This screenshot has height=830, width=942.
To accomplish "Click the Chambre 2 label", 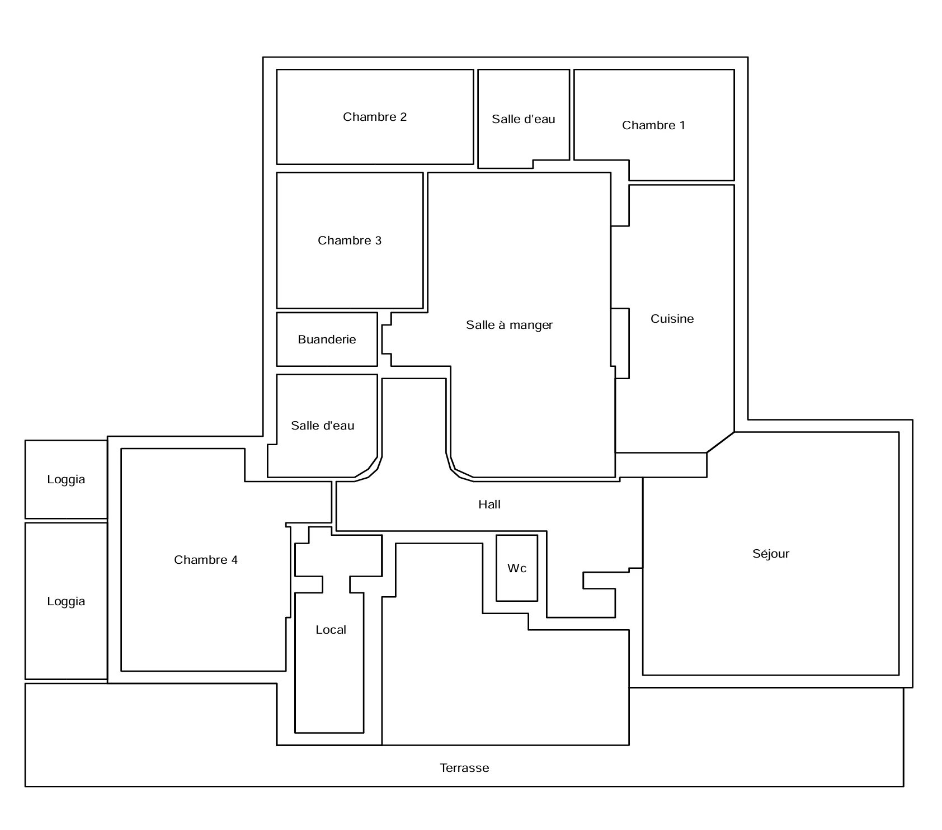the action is tap(375, 117).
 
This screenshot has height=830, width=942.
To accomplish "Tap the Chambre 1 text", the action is tap(653, 125).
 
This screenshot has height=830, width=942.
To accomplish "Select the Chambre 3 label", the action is tap(350, 240).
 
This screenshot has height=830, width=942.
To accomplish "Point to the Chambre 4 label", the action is tap(206, 560).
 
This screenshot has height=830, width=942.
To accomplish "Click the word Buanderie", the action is tap(327, 339).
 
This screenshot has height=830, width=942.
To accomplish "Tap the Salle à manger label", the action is tap(510, 325).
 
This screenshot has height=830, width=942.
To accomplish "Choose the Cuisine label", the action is tap(672, 319).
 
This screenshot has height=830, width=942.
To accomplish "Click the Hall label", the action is tap(489, 504).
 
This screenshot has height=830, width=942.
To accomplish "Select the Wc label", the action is tap(517, 568).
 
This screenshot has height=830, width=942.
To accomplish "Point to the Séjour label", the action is tap(771, 554).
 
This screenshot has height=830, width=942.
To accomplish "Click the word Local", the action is tap(331, 630).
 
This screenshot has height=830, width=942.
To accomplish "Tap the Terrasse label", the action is tap(464, 768).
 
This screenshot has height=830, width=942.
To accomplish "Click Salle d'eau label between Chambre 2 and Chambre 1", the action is tap(524, 119).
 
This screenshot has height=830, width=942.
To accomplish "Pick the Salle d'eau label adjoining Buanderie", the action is tap(323, 426).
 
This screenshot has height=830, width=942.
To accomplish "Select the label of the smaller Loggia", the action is tap(66, 479).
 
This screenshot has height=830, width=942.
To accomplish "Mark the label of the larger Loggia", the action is tap(66, 601).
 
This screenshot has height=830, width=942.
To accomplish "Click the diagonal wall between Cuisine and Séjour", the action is tap(720, 442).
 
